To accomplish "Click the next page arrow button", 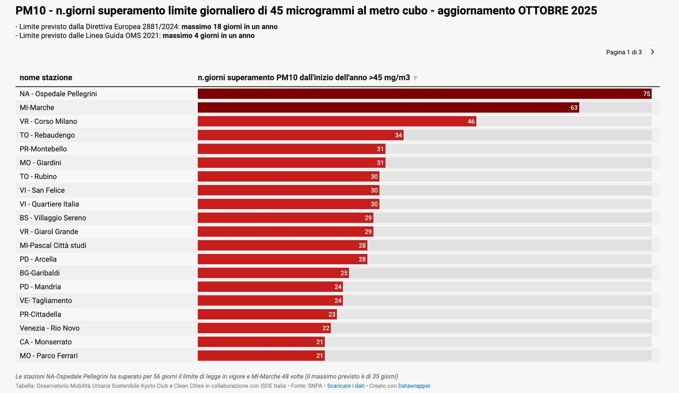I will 652,52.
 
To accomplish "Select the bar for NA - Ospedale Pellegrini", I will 424,94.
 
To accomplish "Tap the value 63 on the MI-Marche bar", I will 574,108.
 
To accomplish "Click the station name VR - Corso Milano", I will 48,121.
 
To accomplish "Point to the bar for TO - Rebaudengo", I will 300,135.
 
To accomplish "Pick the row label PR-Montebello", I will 43,149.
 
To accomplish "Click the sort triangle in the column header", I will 415,78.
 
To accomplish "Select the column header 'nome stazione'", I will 46,78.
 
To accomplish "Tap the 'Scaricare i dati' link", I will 345,386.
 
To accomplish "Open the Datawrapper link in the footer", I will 414,386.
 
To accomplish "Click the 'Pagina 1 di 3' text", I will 623,52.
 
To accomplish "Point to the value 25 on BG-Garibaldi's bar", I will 344,273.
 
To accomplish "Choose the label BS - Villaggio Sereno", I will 53,218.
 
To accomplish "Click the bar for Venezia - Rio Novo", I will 264,328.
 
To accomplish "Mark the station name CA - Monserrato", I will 45,342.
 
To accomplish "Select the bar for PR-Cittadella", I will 267,314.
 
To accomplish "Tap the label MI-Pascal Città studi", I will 53,245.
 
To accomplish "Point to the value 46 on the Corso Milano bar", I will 471,122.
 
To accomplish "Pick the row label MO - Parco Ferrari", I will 48,356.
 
